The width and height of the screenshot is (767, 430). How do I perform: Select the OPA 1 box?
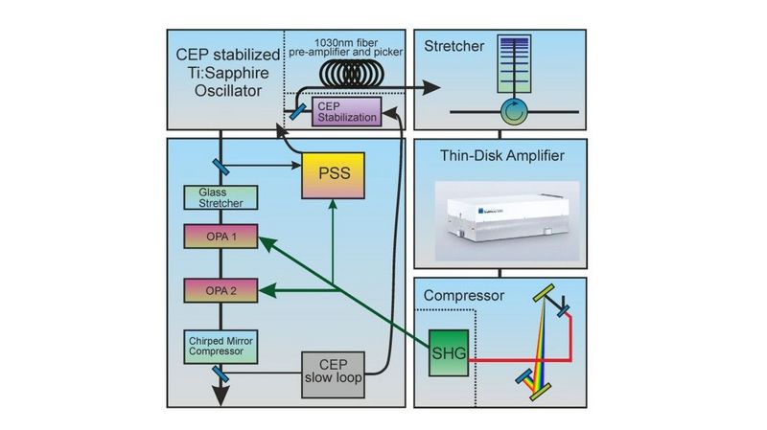pos(220,235)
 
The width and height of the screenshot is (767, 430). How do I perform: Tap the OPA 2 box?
pos(220,288)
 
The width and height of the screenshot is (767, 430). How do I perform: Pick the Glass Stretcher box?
pos(220,197)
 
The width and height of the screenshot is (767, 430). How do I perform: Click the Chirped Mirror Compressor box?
pos(220,346)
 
